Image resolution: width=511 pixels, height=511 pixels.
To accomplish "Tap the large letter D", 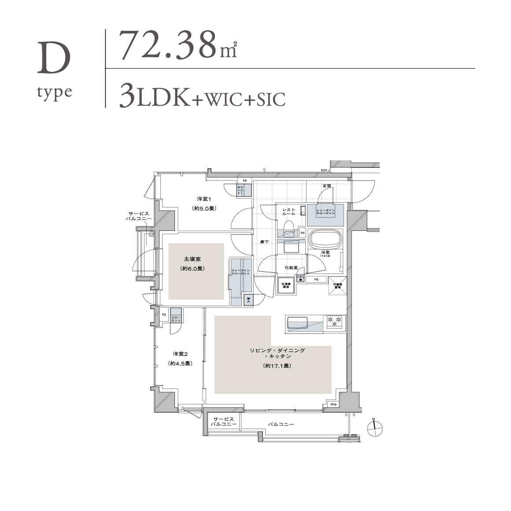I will [54, 59].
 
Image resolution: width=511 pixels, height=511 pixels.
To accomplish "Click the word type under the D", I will [55, 93].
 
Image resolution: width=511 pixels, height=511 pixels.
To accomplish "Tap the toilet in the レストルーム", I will [289, 227].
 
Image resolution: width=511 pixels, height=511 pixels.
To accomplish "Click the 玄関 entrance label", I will [326, 186].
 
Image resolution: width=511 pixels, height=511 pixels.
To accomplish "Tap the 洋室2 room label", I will [180, 354].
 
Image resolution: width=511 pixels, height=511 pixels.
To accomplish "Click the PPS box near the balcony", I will [333, 404].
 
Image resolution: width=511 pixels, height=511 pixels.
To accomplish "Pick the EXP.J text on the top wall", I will [326, 170].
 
